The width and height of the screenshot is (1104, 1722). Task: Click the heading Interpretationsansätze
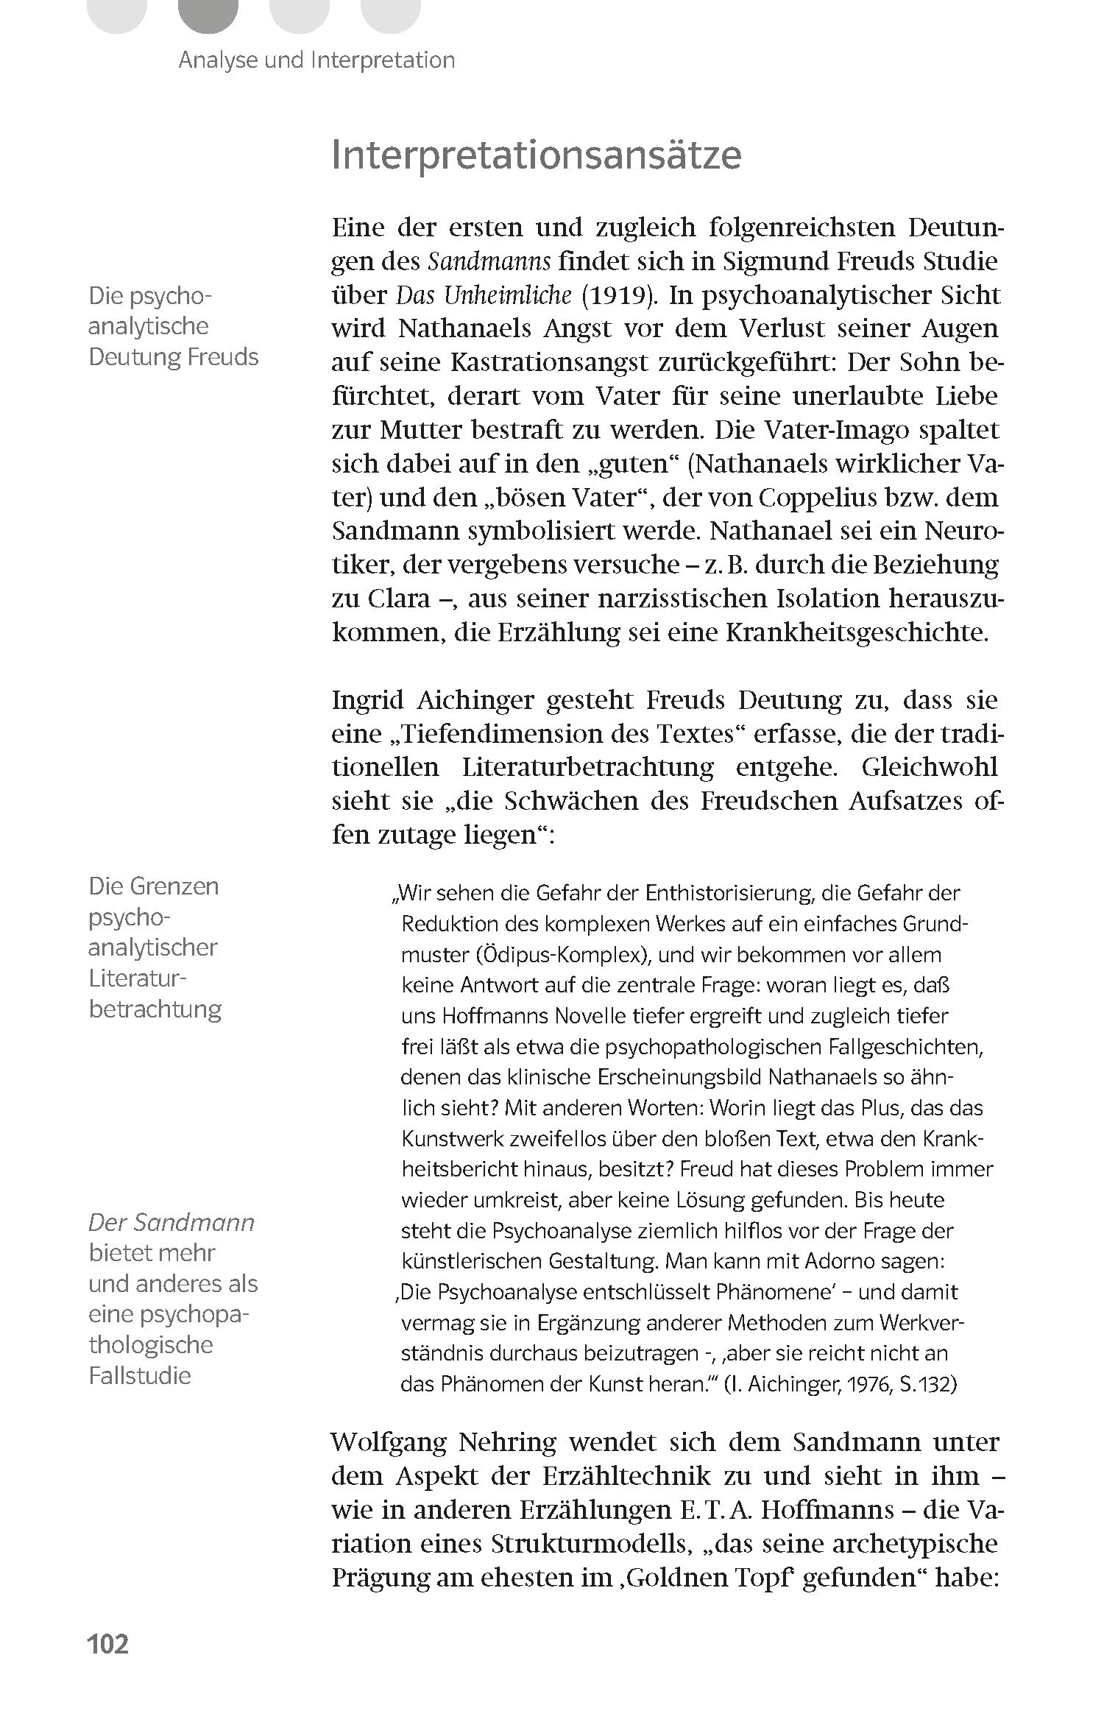[x=537, y=155]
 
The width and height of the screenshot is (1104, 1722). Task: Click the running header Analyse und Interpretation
[x=316, y=60]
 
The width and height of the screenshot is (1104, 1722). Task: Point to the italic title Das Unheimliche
[x=484, y=295]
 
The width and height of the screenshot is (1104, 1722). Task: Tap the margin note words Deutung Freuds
[x=174, y=357]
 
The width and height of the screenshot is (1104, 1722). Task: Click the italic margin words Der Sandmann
[x=171, y=1223]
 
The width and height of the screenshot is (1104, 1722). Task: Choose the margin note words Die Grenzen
[x=154, y=886]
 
